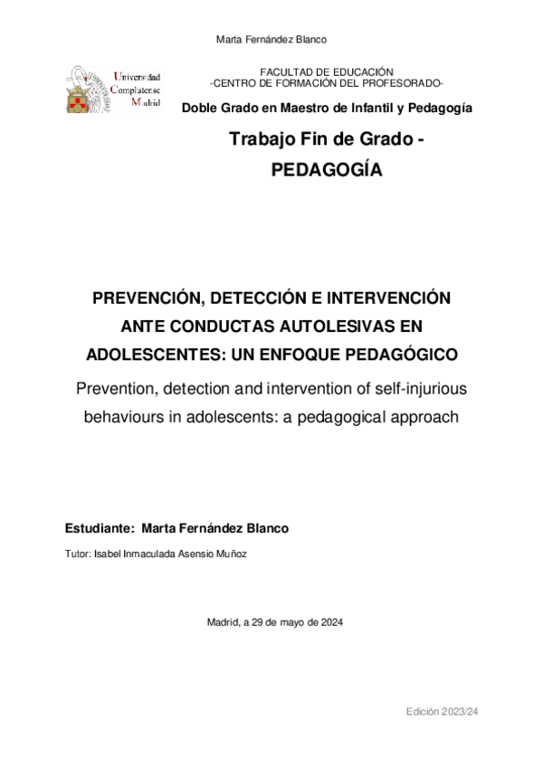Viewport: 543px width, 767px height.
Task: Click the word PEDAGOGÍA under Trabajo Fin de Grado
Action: (x=327, y=170)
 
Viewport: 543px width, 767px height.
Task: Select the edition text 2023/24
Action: (x=458, y=713)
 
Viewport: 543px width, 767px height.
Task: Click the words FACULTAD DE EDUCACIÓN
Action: (x=327, y=71)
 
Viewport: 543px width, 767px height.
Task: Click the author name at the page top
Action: (x=272, y=39)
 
